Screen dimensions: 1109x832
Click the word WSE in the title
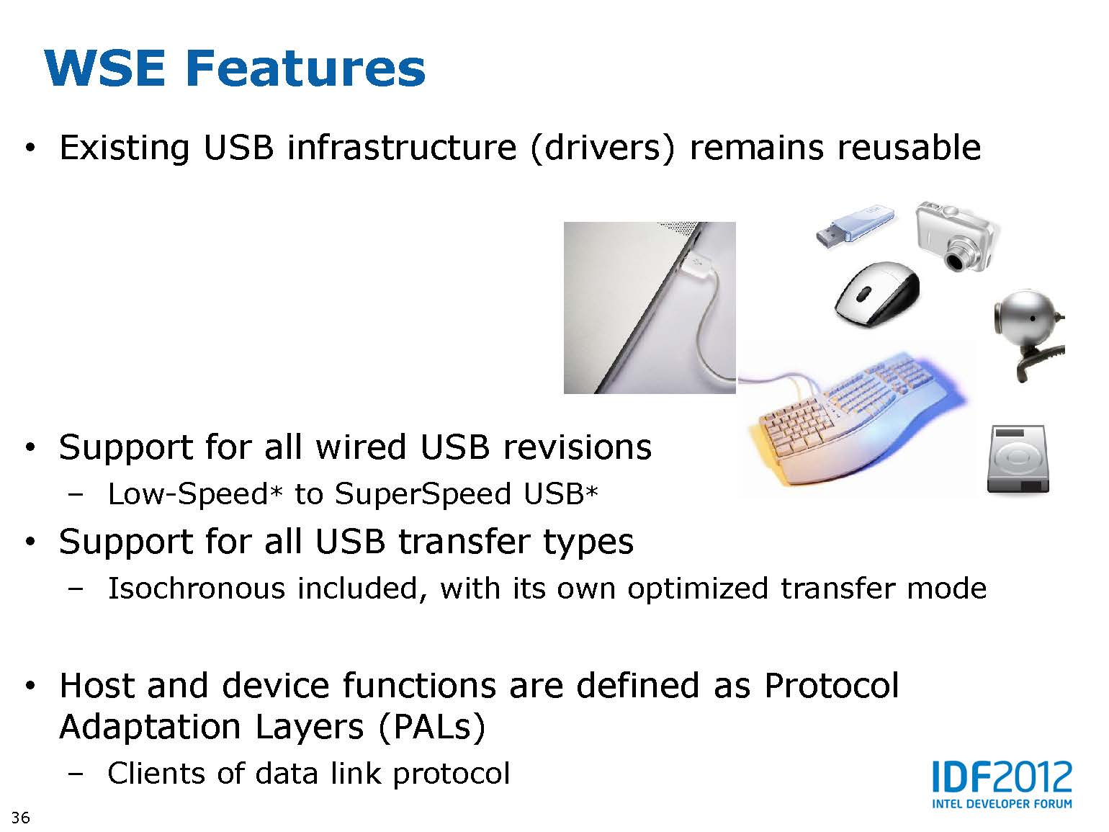tap(105, 68)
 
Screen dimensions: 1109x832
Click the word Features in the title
tap(306, 68)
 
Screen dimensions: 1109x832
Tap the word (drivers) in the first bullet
tap(602, 149)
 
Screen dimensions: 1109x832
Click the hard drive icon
tap(1018, 459)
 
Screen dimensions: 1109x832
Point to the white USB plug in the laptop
tap(696, 264)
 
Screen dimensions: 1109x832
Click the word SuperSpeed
tap(423, 495)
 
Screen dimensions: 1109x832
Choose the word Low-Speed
tap(188, 493)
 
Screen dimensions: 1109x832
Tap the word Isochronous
tap(197, 589)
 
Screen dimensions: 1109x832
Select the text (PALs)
tap(432, 728)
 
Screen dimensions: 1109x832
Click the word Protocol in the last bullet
tap(832, 686)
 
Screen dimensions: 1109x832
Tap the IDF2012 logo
tap(1002, 784)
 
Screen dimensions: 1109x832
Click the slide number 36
tap(21, 818)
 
